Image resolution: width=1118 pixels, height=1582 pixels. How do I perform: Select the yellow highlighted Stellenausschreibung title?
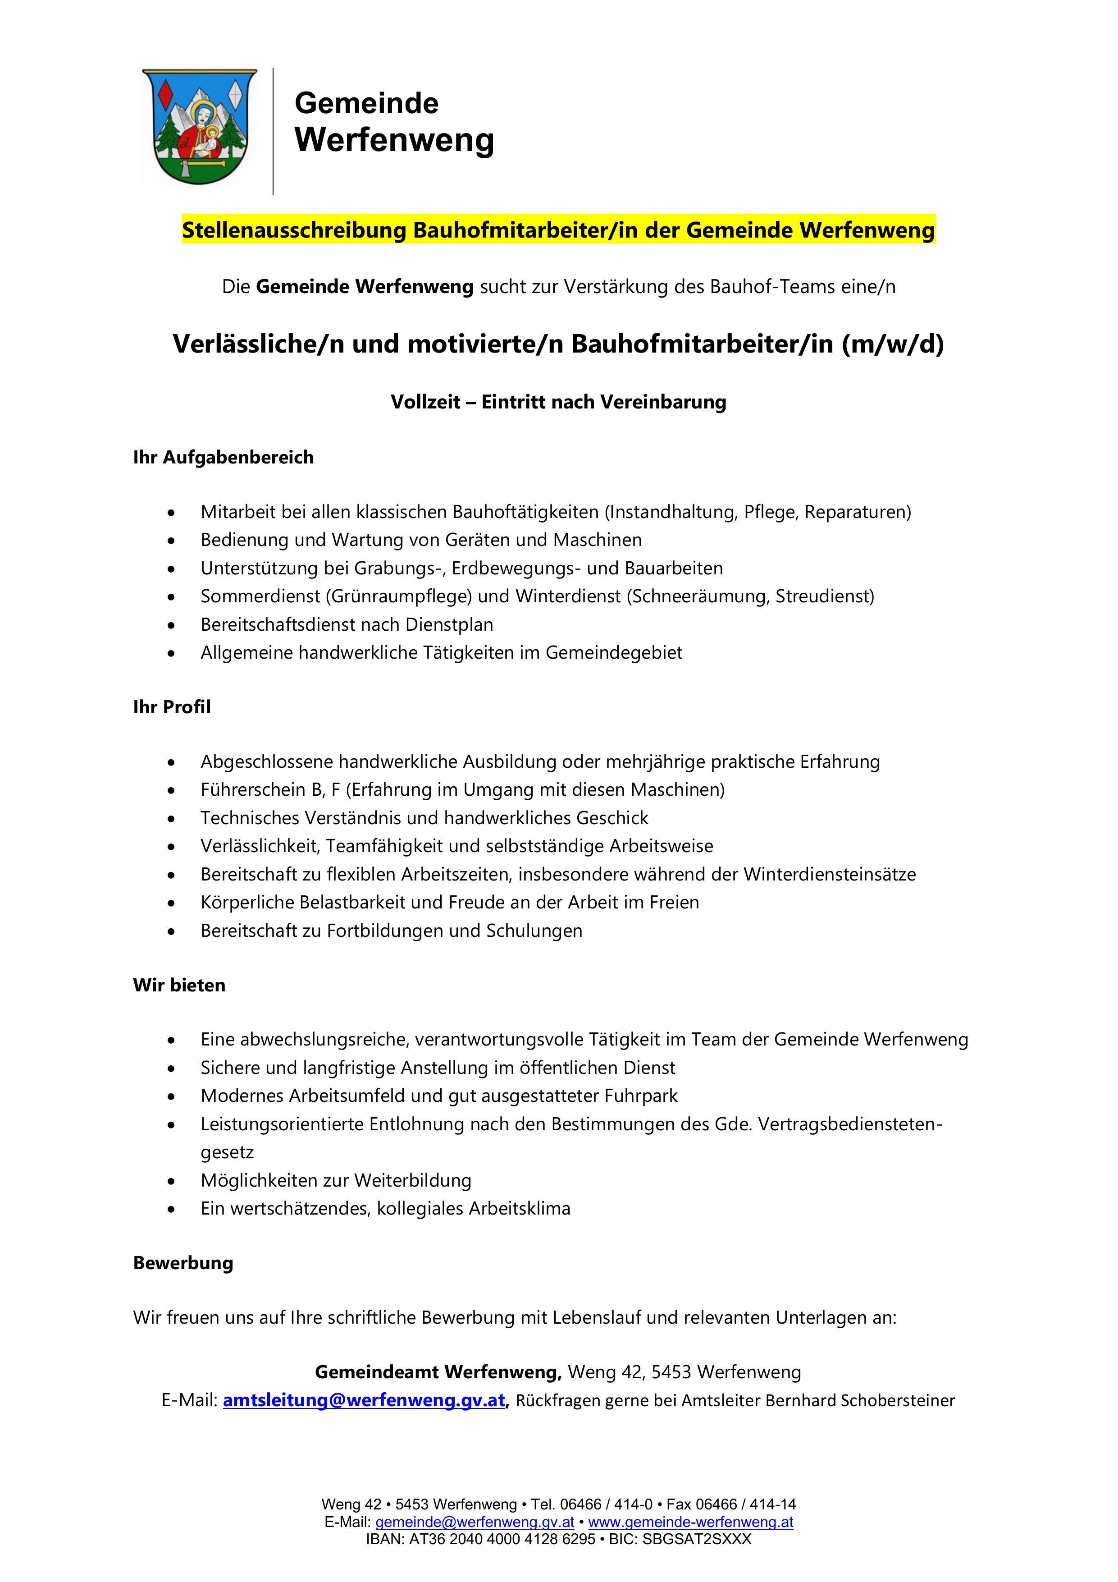pos(558,229)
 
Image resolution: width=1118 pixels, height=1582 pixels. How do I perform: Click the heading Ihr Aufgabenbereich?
pos(223,458)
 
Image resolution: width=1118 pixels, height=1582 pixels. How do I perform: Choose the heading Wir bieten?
pos(179,985)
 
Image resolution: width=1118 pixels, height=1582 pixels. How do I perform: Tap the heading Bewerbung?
pos(183,1263)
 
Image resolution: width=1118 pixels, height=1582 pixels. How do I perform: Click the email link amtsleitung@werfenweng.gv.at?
pos(364,1401)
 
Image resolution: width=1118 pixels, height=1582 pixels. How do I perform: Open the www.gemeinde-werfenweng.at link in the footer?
pos(690,1522)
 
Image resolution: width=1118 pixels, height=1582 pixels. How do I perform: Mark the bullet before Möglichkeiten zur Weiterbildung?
pos(171,1181)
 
